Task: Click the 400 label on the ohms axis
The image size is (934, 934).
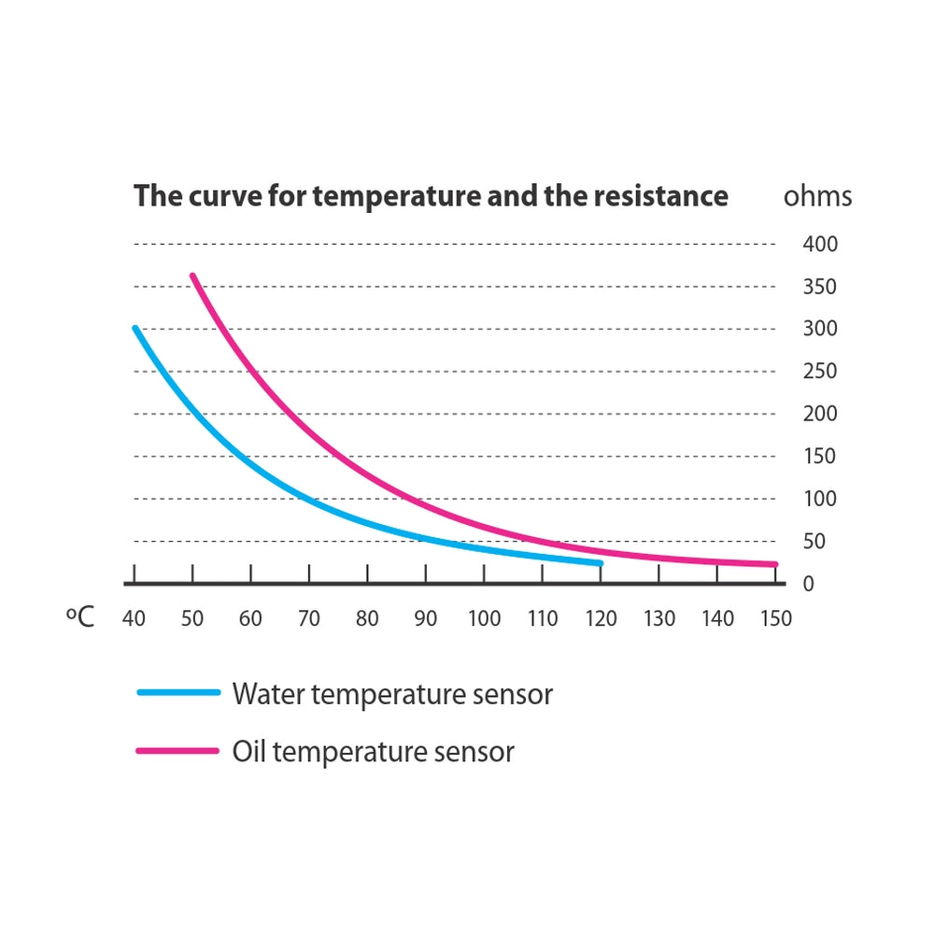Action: (820, 245)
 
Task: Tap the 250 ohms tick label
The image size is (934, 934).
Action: (820, 372)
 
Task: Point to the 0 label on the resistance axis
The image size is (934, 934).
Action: (809, 584)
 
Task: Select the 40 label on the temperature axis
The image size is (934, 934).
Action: (134, 618)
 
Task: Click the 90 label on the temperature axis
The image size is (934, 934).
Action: (426, 618)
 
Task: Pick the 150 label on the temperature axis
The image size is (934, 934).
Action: (775, 618)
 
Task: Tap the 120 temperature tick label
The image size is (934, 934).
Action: (601, 618)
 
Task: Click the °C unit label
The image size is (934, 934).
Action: (81, 617)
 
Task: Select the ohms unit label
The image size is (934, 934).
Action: (817, 197)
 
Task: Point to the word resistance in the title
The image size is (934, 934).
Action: (655, 197)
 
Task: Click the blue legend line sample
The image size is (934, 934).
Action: (178, 692)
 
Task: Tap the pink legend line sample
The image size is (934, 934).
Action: (178, 750)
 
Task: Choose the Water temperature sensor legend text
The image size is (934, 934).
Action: (392, 695)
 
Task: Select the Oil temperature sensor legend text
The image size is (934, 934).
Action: (373, 752)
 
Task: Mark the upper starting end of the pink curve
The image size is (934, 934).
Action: (192, 276)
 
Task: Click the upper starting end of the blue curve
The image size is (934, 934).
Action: (135, 329)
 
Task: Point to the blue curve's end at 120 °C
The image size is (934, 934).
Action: (600, 563)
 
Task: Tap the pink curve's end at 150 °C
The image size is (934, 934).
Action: (774, 564)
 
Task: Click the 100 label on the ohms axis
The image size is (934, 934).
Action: (820, 499)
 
